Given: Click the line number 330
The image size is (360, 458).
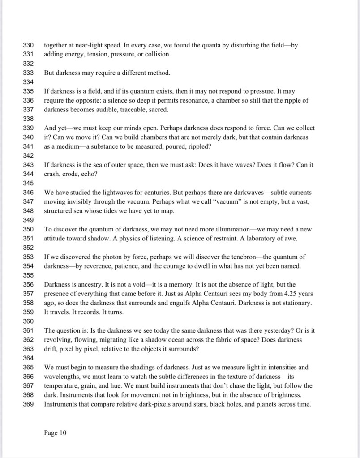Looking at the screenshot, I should [28, 45].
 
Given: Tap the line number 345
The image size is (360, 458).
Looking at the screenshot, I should [28, 183].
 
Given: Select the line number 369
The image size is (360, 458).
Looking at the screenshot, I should [28, 404].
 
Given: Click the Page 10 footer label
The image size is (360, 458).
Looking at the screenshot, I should [55, 432].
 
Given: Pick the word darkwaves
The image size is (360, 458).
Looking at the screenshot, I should [243, 193].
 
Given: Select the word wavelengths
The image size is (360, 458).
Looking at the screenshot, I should [63, 377].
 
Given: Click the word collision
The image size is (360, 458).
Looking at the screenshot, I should [154, 54].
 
